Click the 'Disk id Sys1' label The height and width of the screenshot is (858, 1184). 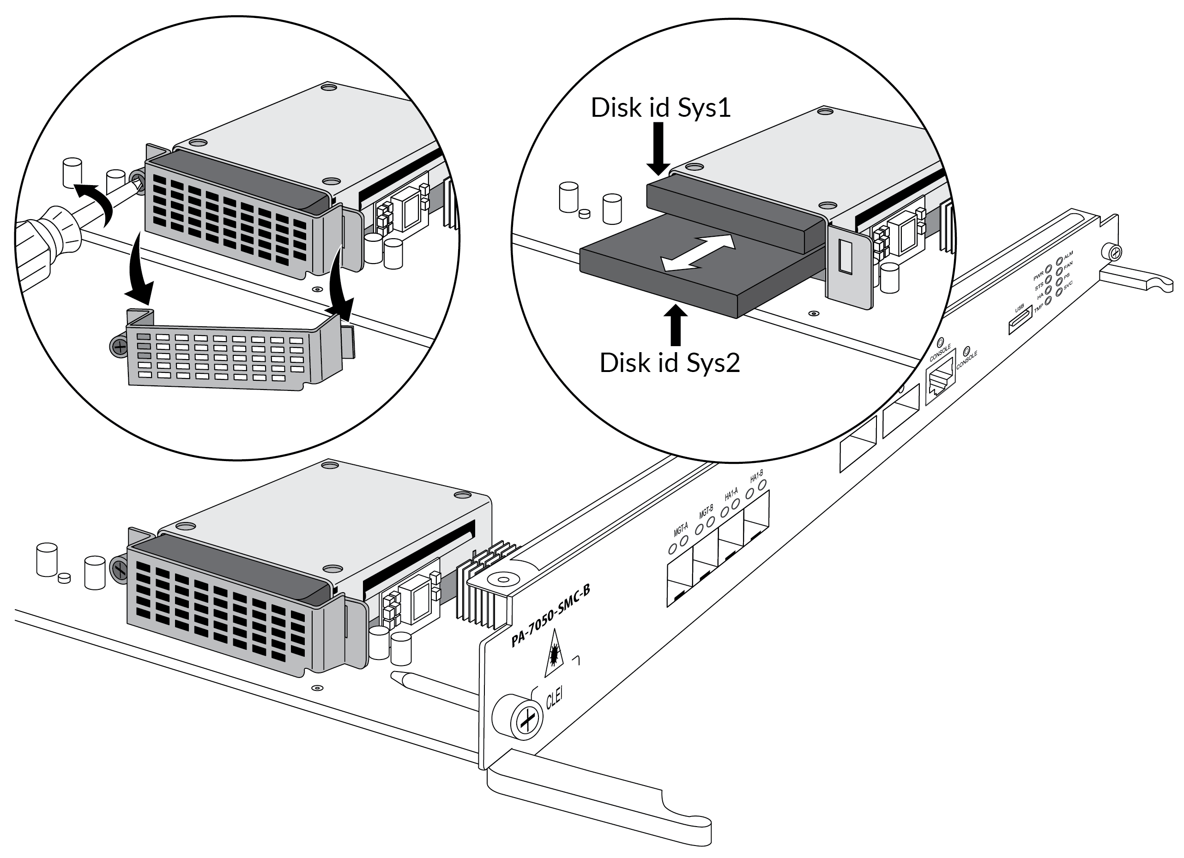tap(660, 108)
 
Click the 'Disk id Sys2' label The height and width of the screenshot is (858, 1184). tap(669, 363)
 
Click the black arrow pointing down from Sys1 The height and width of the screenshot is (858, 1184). tap(659, 149)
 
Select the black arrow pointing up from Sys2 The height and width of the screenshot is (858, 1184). tap(676, 324)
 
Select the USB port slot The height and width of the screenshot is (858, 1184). tap(1020, 319)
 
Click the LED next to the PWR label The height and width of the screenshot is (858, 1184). tap(1049, 272)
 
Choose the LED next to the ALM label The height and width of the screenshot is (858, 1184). tap(1059, 260)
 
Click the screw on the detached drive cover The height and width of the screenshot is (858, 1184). tap(119, 347)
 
